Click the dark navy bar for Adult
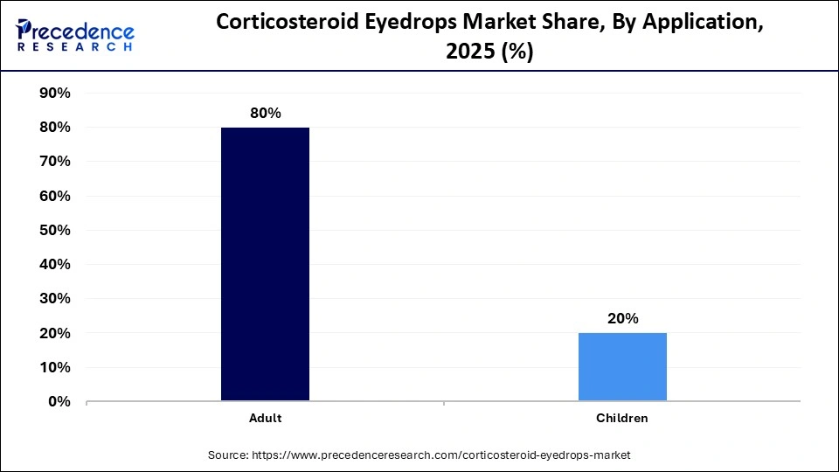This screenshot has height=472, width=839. point(265,264)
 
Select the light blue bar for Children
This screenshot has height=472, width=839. point(622,367)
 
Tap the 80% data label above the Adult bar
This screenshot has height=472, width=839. point(265,114)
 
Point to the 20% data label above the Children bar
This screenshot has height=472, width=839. point(622,319)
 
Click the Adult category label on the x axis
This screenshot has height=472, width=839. point(265,419)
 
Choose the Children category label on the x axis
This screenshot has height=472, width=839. point(622,419)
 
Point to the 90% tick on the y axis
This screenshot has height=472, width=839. point(53,93)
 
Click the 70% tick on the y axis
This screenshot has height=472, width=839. point(53,162)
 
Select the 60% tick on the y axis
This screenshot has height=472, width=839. point(53,196)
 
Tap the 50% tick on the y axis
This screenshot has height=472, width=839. point(53,230)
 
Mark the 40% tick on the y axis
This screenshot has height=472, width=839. point(53,264)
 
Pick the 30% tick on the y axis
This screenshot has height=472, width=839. point(53,299)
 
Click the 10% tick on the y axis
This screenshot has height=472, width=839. point(53,367)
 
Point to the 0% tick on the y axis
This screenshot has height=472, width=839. point(58,402)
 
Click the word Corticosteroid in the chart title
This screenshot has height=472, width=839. point(274,24)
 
